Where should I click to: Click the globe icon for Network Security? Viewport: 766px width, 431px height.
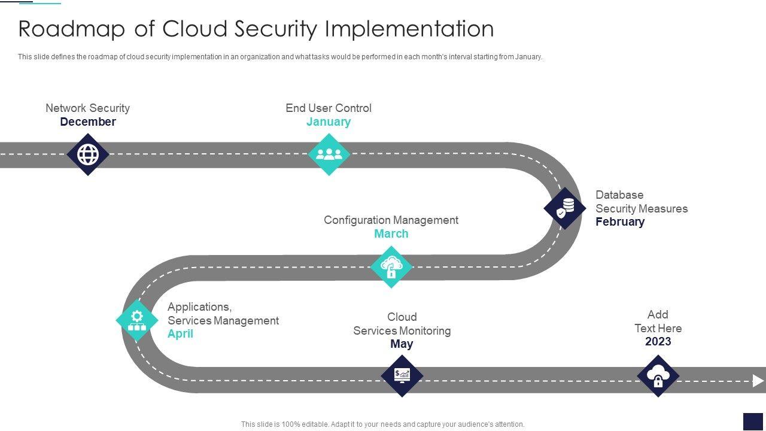[x=88, y=154]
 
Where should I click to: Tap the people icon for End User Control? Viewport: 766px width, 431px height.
[x=329, y=154]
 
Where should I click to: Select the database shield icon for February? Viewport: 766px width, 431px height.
[x=564, y=208]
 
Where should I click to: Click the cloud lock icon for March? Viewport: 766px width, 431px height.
[x=391, y=267]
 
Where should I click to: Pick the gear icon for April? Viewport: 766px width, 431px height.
[x=137, y=320]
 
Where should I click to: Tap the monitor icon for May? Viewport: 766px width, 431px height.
[x=402, y=376]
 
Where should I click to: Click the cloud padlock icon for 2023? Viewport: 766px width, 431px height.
[x=658, y=376]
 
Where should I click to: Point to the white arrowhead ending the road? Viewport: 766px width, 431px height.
[x=758, y=381]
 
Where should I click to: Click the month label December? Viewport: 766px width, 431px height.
[x=88, y=122]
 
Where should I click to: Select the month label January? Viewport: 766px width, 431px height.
[x=329, y=122]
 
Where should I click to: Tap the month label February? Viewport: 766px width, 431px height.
[x=620, y=222]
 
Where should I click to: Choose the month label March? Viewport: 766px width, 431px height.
[x=391, y=234]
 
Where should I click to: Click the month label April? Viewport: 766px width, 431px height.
[x=180, y=334]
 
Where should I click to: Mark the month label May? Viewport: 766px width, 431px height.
[x=402, y=344]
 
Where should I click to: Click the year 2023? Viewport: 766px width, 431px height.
[x=658, y=342]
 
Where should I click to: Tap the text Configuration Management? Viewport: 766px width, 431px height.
[x=391, y=220]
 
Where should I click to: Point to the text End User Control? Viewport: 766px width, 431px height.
[x=329, y=108]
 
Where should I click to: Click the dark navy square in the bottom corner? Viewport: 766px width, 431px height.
[x=753, y=421]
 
